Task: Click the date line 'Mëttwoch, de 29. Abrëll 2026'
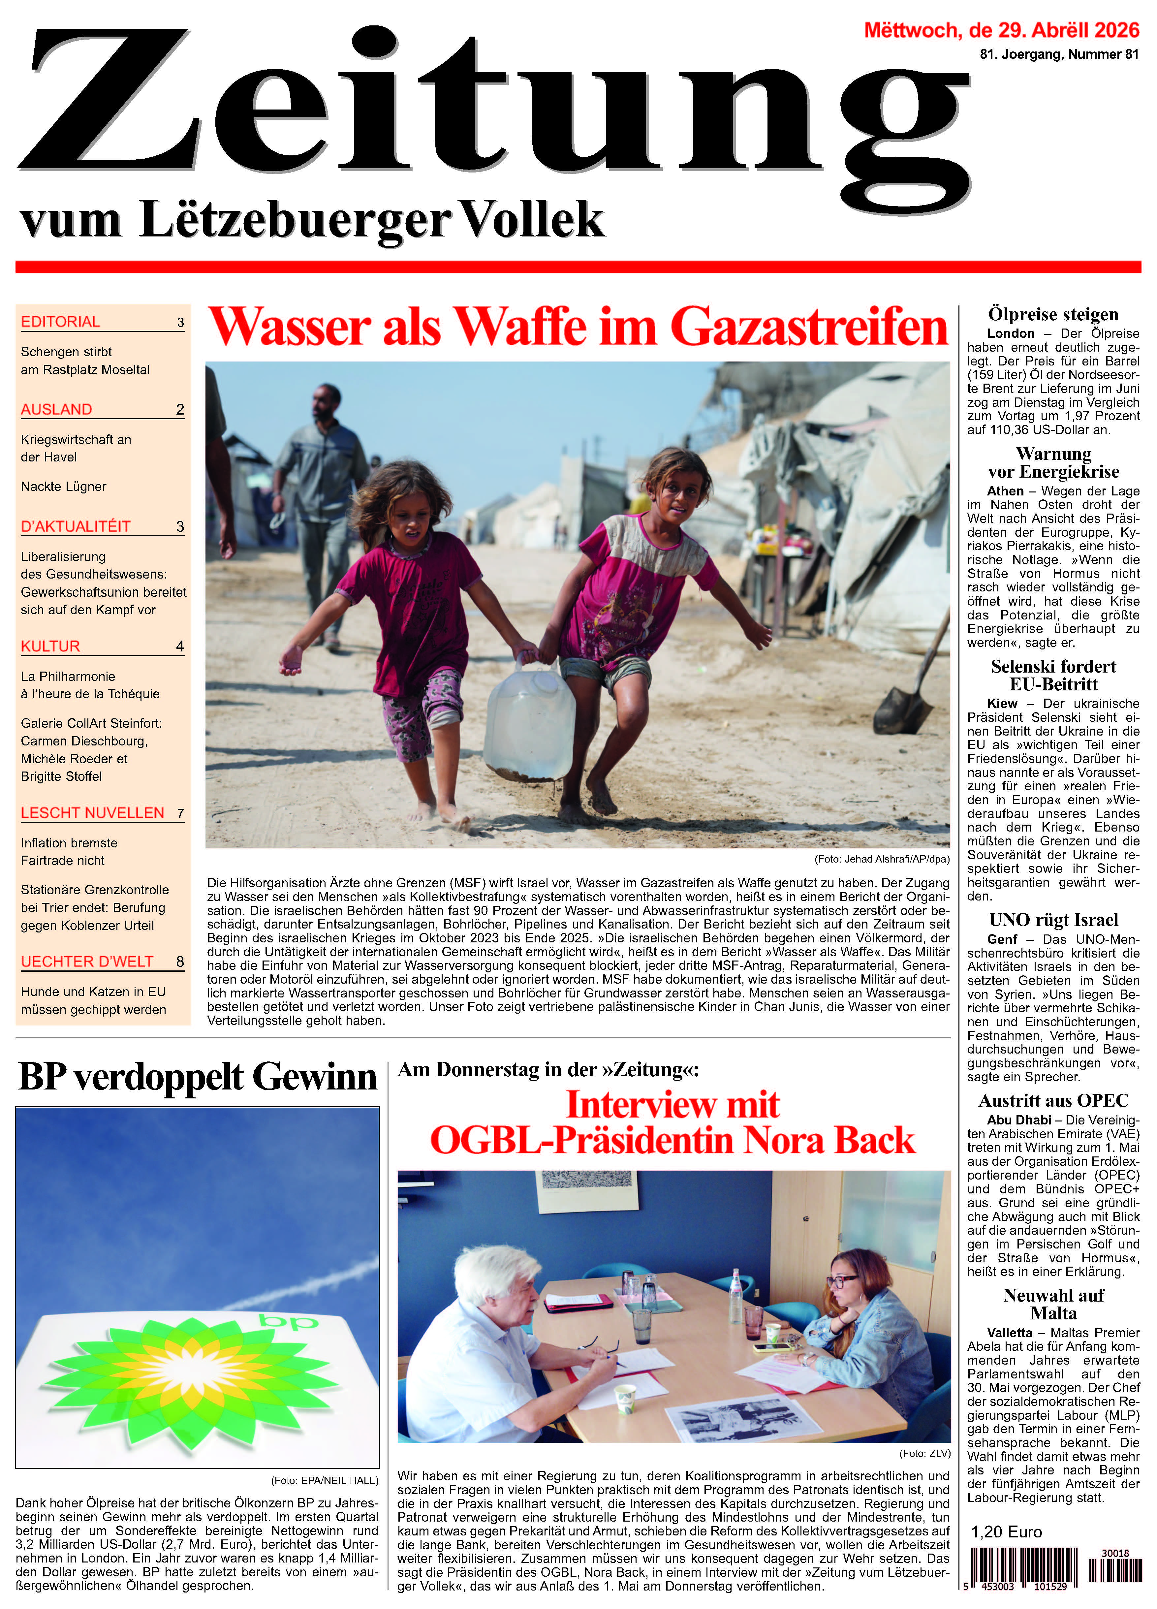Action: point(1001,30)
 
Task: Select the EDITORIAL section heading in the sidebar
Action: point(60,322)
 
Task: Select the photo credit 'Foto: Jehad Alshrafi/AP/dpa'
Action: point(882,859)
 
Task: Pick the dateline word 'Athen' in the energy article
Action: point(1005,491)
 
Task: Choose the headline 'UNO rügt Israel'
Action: point(1053,920)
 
